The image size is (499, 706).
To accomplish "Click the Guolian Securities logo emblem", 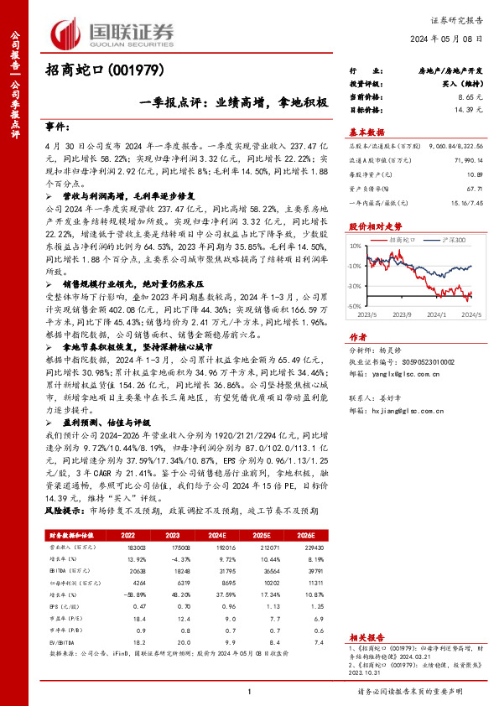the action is tap(68, 34).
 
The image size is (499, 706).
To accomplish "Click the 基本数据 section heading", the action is tap(366, 132).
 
